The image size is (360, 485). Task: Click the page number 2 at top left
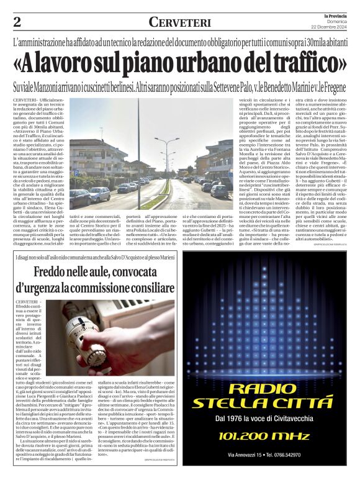tap(17, 22)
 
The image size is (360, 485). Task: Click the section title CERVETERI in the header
tap(179, 22)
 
